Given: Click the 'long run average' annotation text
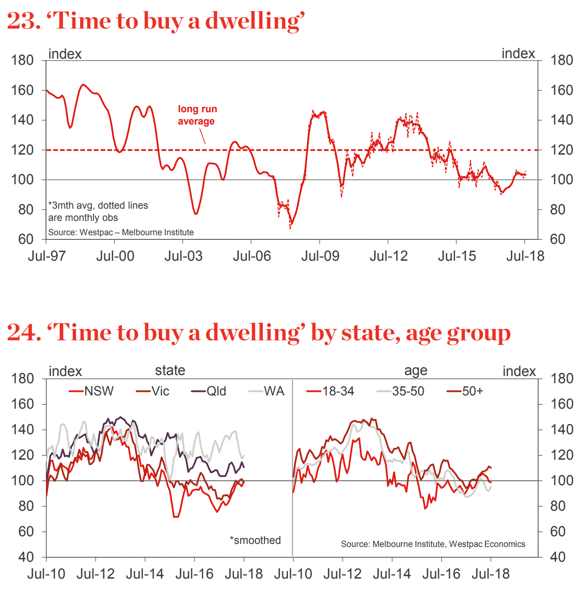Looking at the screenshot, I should [x=197, y=115].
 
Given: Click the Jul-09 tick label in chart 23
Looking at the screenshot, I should [x=320, y=256].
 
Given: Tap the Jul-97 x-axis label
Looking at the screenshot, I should [x=46, y=256].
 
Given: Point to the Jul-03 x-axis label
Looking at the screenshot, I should [x=183, y=256].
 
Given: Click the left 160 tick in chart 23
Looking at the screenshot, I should [x=22, y=90].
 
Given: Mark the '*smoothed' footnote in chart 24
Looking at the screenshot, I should [x=255, y=540].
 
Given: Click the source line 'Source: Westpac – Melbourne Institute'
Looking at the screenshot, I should [x=121, y=233].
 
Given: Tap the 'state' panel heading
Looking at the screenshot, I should [x=170, y=370].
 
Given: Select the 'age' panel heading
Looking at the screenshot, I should [x=416, y=371].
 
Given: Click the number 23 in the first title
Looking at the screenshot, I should [x=22, y=21].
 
